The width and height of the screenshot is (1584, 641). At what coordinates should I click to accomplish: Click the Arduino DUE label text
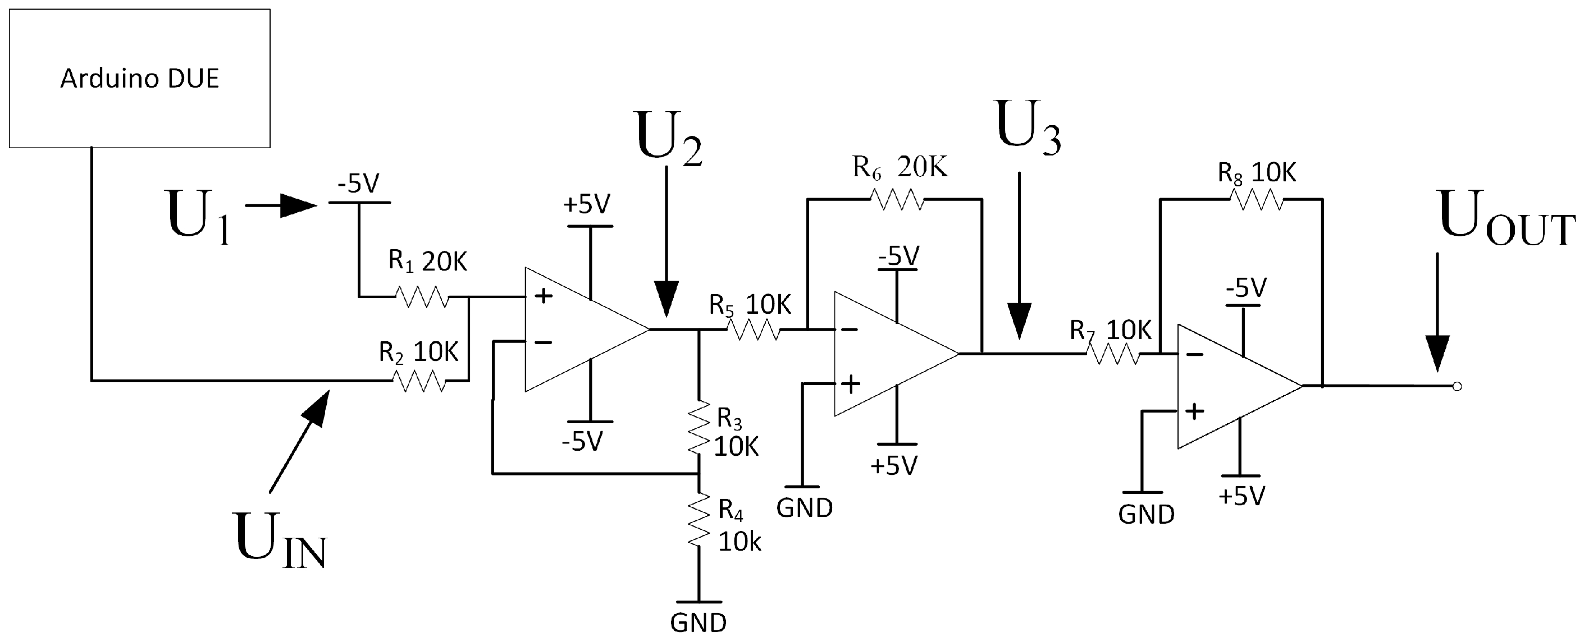[x=140, y=79]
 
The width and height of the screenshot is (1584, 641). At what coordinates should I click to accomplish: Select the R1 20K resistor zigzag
[x=422, y=297]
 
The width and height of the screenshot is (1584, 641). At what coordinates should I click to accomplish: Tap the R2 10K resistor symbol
[x=418, y=381]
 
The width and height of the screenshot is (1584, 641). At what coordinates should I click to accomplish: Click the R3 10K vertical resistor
[x=699, y=428]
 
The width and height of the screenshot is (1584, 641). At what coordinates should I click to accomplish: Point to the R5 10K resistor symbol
[x=754, y=331]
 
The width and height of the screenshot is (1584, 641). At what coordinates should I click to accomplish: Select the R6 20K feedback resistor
[x=897, y=200]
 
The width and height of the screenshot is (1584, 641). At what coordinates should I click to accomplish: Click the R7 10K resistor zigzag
[x=1112, y=354]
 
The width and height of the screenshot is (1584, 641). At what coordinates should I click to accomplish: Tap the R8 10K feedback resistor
[x=1256, y=200]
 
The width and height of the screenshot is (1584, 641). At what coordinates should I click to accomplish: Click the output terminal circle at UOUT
[x=1457, y=387]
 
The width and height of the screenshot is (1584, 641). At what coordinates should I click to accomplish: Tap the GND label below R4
[x=698, y=623]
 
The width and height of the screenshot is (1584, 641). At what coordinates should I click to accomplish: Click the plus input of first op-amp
[x=543, y=296]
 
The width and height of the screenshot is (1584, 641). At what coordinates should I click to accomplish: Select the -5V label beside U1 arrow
[x=358, y=183]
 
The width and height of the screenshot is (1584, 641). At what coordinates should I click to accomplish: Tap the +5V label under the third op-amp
[x=1241, y=496]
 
